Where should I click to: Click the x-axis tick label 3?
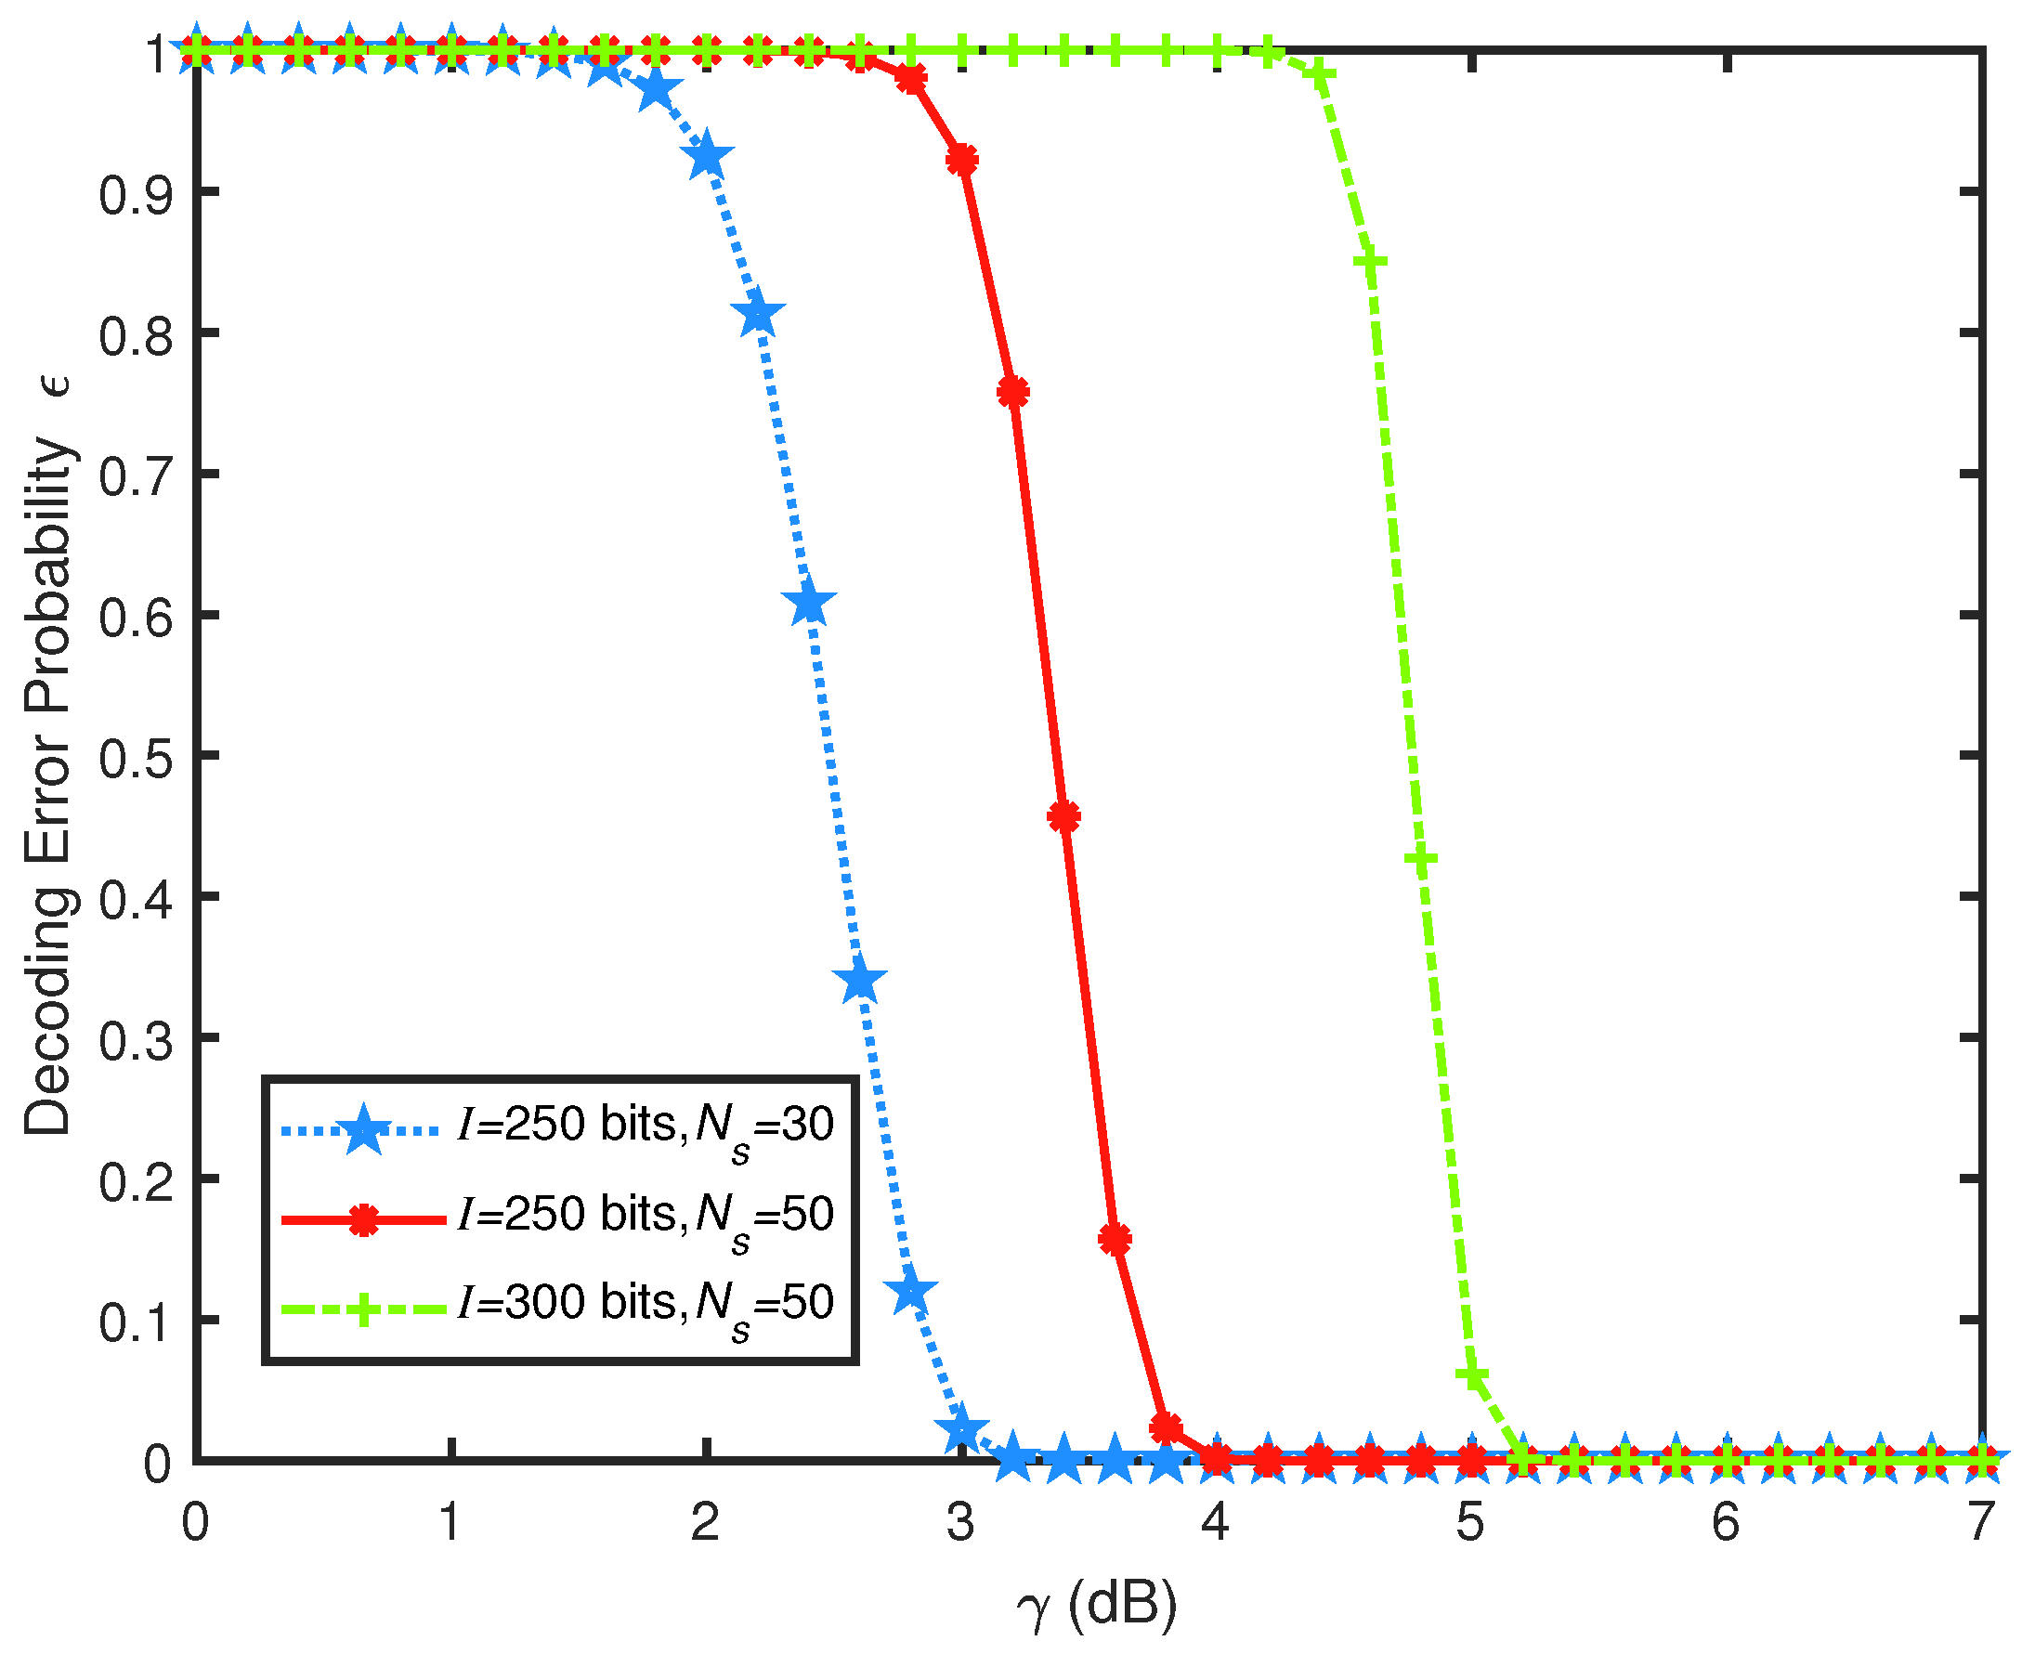pos(960,1522)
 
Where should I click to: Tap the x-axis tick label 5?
pos(1470,1522)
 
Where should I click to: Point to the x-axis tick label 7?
pos(1981,1522)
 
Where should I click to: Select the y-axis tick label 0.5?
pos(137,756)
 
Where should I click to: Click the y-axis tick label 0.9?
pos(137,192)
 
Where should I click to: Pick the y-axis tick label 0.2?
pos(137,1179)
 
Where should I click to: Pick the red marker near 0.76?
pos(1012,392)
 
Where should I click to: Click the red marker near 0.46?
pos(1064,816)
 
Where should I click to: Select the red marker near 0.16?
pos(1115,1239)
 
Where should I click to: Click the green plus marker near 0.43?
pos(1421,859)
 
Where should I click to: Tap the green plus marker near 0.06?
pos(1473,1375)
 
